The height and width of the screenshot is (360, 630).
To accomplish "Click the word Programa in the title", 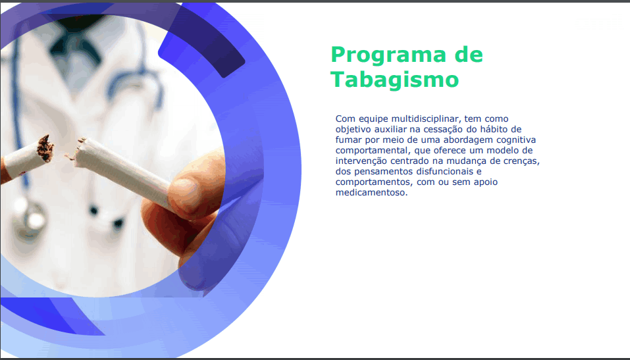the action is coord(388,56).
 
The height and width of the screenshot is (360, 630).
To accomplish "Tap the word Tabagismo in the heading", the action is coord(394,79).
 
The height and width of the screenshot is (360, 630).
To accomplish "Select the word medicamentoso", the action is coord(372,192).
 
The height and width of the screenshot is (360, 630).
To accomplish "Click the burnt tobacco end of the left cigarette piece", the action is coord(45,148).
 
